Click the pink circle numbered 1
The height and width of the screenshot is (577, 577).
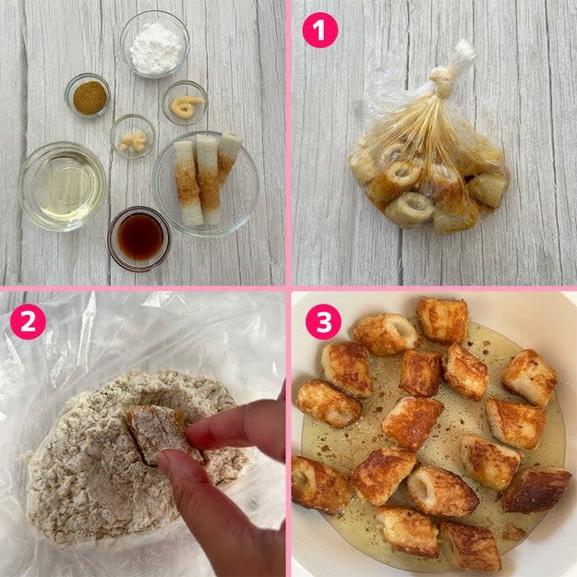click(x=319, y=30)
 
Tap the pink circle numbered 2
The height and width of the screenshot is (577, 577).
click(x=28, y=321)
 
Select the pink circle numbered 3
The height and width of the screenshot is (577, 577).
click(x=323, y=321)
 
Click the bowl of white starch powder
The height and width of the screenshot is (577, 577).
click(x=155, y=43)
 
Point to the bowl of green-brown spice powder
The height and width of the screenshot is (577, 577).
click(x=88, y=95)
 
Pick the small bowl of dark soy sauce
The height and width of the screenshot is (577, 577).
click(x=138, y=238)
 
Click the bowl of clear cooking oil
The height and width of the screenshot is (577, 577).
click(x=62, y=186)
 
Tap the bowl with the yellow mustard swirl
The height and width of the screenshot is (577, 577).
click(x=185, y=102)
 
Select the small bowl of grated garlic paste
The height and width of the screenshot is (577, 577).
click(x=132, y=137)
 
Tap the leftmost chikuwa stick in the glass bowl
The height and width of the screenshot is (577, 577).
click(x=188, y=183)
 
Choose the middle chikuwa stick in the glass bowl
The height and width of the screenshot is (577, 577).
click(x=209, y=179)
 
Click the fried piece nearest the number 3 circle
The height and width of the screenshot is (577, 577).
click(x=386, y=334)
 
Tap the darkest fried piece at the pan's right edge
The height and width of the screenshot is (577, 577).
click(x=535, y=489)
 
